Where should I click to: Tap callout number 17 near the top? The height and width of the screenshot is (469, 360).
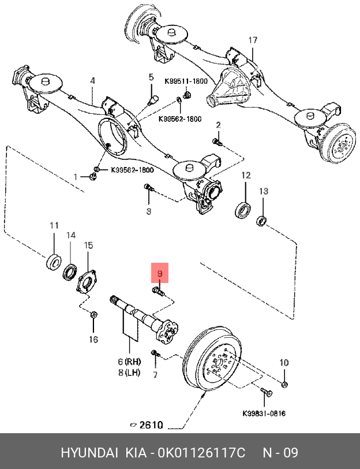pos(253,40)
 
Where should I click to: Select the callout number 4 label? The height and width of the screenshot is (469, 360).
pos(92,81)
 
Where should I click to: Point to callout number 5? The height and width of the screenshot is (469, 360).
pos(151,77)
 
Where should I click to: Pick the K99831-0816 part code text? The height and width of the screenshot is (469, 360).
pos(264,414)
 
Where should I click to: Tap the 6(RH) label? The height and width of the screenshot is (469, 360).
pos(129,362)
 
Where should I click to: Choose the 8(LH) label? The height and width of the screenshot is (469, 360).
pos(129,373)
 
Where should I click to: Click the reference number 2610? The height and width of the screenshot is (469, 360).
pos(151,426)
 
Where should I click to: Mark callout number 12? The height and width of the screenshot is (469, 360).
pos(246,175)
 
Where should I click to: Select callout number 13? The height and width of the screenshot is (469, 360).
pos(263,191)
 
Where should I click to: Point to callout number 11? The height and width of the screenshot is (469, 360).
pos(54,225)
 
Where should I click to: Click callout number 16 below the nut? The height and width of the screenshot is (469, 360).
pos(93,340)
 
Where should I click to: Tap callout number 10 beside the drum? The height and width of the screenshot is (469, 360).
pos(283,363)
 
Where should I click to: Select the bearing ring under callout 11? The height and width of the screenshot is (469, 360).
pos(54,261)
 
